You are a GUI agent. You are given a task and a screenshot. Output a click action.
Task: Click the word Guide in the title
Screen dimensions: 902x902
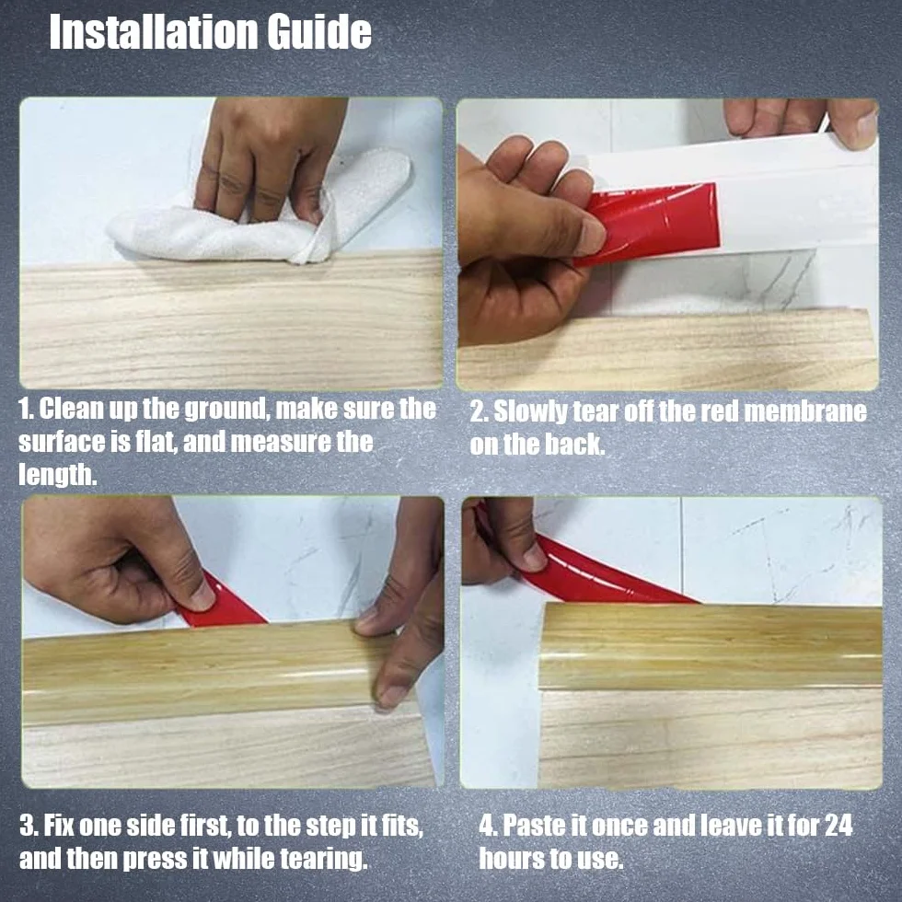(319, 32)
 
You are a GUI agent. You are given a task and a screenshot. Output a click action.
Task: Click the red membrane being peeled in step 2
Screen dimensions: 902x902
(650, 223)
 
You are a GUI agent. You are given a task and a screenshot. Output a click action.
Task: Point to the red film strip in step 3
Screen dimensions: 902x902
(222, 601)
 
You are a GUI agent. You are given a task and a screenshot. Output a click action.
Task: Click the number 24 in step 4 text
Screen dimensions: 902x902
(838, 825)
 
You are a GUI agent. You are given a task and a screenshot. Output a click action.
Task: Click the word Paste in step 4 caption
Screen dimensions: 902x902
(534, 825)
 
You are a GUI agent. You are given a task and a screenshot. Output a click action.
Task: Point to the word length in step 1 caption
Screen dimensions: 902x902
(57, 476)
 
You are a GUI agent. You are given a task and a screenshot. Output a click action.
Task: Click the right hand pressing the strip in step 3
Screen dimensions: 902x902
(403, 604)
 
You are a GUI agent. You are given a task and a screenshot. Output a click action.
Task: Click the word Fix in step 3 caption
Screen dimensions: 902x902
(59, 827)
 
